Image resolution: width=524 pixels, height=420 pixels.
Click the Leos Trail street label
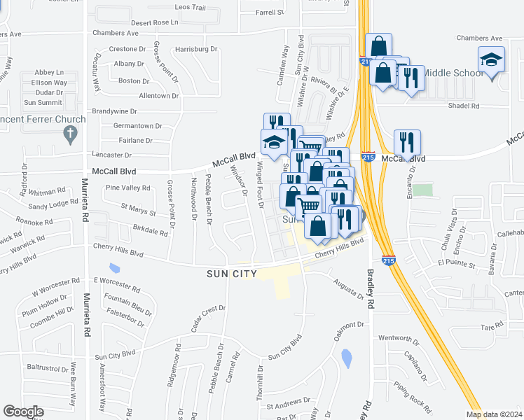coord(190,7)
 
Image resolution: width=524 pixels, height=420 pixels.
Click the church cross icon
coord(69,134)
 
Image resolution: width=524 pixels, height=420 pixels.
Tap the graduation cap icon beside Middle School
coord(492,59)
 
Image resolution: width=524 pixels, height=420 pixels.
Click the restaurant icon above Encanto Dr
coord(407,143)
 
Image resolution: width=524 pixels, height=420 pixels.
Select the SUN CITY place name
coord(231,273)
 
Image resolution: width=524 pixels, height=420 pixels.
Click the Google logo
coord(24,412)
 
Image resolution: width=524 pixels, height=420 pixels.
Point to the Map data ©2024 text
coord(495,414)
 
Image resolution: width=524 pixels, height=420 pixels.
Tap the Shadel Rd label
coord(464,106)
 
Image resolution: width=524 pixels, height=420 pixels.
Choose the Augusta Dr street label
coord(350,288)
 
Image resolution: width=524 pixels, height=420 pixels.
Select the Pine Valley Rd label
coord(127,188)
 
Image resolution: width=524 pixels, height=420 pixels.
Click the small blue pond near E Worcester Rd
coord(114,268)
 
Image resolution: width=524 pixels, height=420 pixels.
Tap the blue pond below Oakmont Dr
coord(346,358)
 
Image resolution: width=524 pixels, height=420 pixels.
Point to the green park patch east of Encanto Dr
coord(422,190)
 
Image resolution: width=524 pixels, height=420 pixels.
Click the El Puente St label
coord(456,264)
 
